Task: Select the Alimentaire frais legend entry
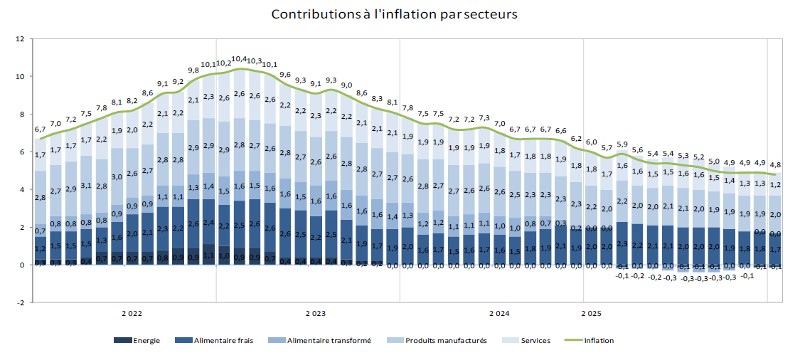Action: pos(217,340)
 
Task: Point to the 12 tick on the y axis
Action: pos(21,39)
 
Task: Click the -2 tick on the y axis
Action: pos(21,302)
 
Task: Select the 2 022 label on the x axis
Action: pos(131,314)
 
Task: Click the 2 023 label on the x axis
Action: pos(316,314)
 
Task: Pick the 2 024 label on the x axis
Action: pos(499,314)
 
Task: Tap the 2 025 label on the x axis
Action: pos(591,314)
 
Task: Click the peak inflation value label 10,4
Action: pos(240,59)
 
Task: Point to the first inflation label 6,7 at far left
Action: pos(41,129)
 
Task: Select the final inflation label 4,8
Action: pos(776,164)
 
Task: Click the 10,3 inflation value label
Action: pos(255,61)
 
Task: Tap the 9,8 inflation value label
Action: pos(193,70)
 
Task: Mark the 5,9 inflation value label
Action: pos(622,144)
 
